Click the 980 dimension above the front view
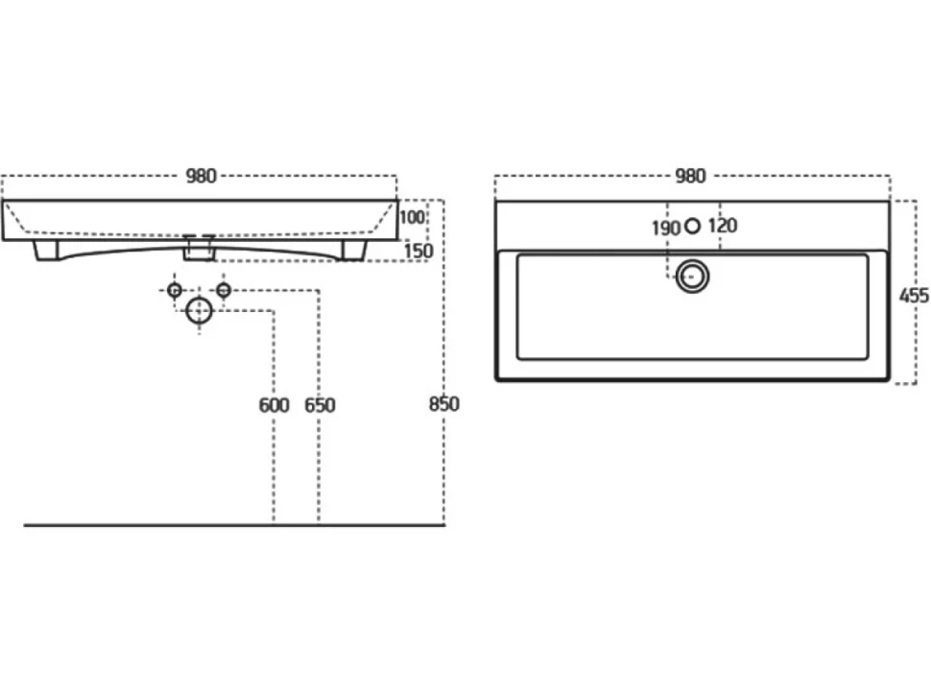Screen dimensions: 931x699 (202, 176)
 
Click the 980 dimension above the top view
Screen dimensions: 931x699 (690, 176)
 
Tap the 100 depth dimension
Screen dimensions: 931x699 (412, 217)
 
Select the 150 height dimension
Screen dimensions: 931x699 (418, 251)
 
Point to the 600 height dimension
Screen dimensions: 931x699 (274, 405)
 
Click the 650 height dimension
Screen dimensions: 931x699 (320, 405)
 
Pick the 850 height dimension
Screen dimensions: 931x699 (443, 404)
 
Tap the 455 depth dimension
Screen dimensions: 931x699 (914, 295)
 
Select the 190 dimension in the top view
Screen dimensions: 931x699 (665, 229)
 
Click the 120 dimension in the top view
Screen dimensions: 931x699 (723, 226)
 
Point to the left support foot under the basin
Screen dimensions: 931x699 (47, 251)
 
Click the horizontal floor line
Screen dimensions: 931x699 (234, 525)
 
